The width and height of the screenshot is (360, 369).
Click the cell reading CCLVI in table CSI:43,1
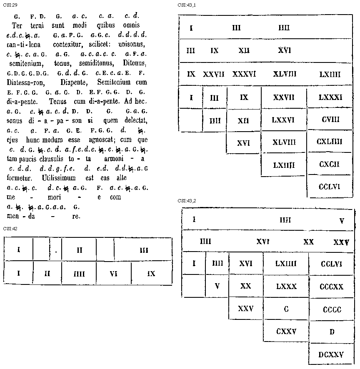[x=329, y=187]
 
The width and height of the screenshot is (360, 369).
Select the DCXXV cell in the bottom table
[x=331, y=355]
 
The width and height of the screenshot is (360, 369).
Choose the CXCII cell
[x=329, y=165]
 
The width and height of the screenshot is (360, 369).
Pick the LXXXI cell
[x=330, y=97]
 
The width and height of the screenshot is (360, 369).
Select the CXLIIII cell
[x=329, y=142]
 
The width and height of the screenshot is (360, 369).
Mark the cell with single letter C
[x=286, y=309]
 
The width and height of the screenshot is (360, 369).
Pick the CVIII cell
[x=330, y=120]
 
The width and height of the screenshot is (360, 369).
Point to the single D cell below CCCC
[x=332, y=332]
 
